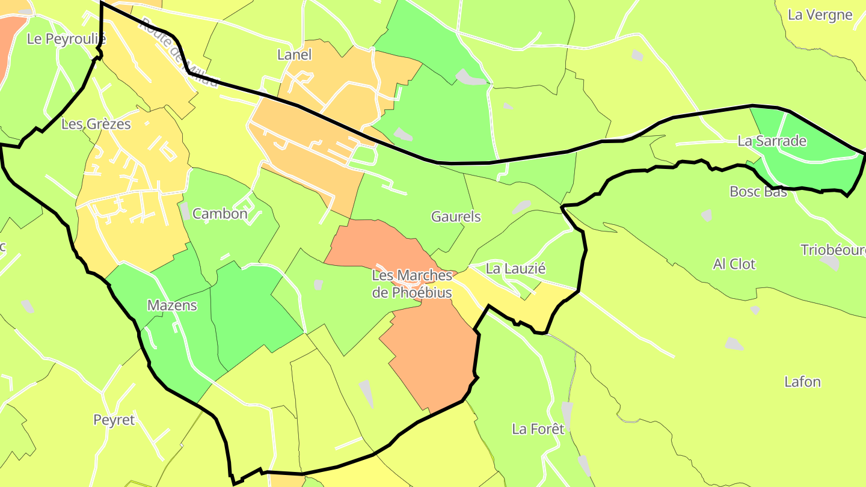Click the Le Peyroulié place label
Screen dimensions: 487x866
67,40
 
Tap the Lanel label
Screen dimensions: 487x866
295,55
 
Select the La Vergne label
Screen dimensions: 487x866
820,15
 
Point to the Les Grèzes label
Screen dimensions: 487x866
96,124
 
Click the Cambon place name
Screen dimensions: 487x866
220,213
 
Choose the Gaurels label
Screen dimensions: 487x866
456,216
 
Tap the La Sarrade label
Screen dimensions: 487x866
772,141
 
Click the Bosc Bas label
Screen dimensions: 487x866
758,192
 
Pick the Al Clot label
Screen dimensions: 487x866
734,264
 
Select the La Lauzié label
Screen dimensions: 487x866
515,269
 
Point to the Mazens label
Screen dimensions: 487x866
172,305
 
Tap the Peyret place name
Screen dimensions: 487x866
114,420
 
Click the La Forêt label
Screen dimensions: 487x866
538,429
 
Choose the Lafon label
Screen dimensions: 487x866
802,382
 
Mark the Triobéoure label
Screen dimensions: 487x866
833,250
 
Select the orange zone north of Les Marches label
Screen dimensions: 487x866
373,240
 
